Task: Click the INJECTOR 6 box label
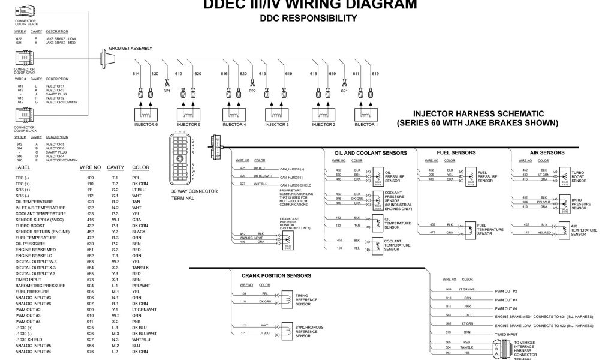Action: point(147,124)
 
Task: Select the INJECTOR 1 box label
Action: point(366,124)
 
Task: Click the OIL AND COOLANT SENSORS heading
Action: point(371,153)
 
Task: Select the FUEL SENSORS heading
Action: point(458,153)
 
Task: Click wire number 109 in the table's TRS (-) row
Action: point(91,178)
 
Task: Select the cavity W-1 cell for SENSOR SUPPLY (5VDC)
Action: point(115,220)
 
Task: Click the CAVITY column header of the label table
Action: point(115,167)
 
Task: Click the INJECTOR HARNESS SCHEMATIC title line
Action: point(477,113)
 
